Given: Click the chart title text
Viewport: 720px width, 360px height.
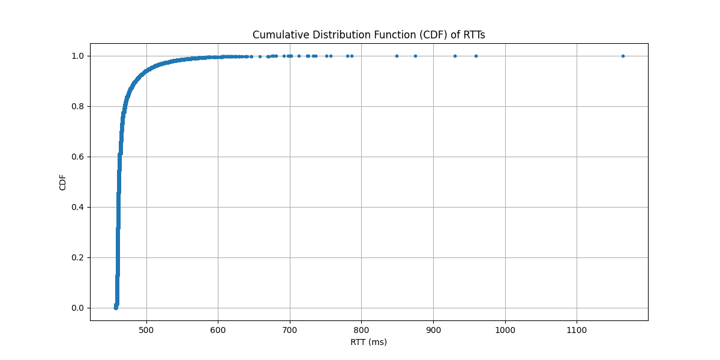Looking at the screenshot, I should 368,35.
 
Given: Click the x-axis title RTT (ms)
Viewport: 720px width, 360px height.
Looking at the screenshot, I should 368,342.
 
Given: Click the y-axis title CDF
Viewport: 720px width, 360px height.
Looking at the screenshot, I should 63,182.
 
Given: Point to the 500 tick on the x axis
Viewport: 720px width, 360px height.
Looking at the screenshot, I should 146,329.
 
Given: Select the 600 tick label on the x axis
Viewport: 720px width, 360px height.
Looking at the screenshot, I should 218,329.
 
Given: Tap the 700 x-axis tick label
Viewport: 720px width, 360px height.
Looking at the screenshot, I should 290,329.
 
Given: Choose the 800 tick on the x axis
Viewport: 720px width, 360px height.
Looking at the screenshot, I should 362,329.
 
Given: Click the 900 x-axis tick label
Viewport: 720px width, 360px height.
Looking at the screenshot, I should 433,329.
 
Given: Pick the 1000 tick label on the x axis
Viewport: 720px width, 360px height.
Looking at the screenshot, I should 505,329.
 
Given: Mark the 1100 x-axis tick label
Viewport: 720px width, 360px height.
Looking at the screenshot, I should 577,329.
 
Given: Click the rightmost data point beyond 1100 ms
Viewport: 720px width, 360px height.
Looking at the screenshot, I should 623,56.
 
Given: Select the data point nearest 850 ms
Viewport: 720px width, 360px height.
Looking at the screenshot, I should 397,56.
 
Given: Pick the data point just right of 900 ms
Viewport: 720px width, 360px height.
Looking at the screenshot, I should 455,56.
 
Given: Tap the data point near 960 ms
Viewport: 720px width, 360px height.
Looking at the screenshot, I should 476,56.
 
